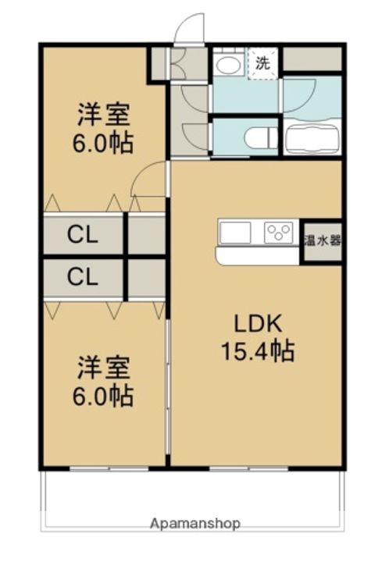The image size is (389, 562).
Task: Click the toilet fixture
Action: click(x=258, y=137)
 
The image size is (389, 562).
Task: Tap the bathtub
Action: click(x=312, y=137)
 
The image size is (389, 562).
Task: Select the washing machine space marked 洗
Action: click(x=262, y=63)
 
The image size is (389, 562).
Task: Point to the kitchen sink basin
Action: click(x=236, y=233)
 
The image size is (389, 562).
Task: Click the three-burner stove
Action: click(x=278, y=233)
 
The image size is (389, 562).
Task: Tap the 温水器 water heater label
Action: click(x=323, y=241)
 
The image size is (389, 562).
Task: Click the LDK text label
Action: click(x=258, y=323)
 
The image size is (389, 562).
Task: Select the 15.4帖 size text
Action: click(x=258, y=350)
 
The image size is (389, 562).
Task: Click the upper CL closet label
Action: click(x=83, y=235)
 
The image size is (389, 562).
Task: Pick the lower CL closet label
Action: click(x=83, y=276)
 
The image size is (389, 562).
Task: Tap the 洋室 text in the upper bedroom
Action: click(x=104, y=115)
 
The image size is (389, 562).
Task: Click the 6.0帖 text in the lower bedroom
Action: click(x=103, y=395)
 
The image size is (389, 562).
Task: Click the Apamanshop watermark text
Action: click(x=195, y=524)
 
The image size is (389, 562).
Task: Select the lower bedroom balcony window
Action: click(x=109, y=468)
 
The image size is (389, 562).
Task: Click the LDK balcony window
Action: click(x=249, y=468)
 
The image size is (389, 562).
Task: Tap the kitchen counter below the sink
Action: click(x=258, y=256)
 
